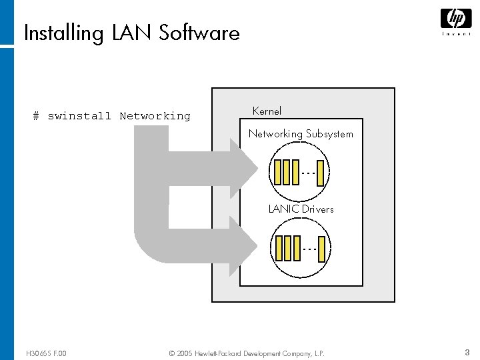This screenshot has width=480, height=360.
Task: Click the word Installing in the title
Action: [64, 33]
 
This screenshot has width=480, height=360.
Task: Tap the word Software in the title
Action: [199, 33]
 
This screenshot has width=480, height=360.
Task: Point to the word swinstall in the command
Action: [79, 116]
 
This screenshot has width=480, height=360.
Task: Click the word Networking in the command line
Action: [155, 116]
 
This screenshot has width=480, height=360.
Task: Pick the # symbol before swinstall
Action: [37, 116]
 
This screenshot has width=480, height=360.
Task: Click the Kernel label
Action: [267, 111]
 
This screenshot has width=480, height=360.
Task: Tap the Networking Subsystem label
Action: [301, 134]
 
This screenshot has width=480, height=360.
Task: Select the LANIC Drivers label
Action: [301, 209]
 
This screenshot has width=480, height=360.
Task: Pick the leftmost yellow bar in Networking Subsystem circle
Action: [278, 172]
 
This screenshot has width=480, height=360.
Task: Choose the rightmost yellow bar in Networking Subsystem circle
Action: [321, 173]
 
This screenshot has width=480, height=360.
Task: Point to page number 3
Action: [467, 352]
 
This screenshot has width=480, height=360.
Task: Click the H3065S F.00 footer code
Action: [45, 353]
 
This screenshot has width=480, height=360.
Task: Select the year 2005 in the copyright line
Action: [185, 353]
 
